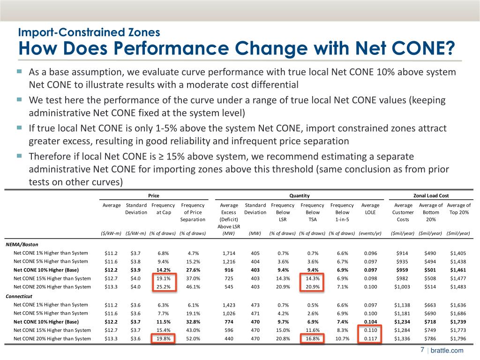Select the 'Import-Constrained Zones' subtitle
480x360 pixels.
(89, 32)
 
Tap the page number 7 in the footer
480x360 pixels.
(422, 350)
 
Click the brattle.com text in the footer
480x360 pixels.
(447, 351)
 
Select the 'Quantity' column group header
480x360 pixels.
(300, 195)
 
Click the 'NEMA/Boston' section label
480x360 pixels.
(22, 244)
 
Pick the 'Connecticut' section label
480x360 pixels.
(20, 296)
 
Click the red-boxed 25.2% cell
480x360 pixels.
(162, 287)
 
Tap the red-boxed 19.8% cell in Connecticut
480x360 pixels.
(162, 339)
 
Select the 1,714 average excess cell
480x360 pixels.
(229, 253)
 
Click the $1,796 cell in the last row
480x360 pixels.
(458, 339)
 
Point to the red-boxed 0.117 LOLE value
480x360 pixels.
(370, 339)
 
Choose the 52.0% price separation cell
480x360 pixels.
(193, 339)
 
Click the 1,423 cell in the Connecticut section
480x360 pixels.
(229, 305)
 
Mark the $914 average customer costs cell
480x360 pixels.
(403, 253)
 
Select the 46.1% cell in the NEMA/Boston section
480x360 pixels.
(193, 287)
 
